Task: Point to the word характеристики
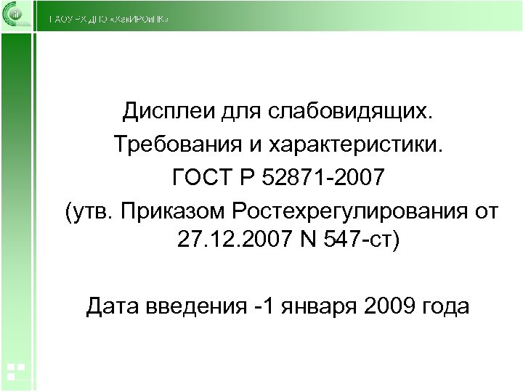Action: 365,144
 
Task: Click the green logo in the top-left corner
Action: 16,15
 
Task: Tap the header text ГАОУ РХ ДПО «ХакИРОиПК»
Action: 109,19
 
